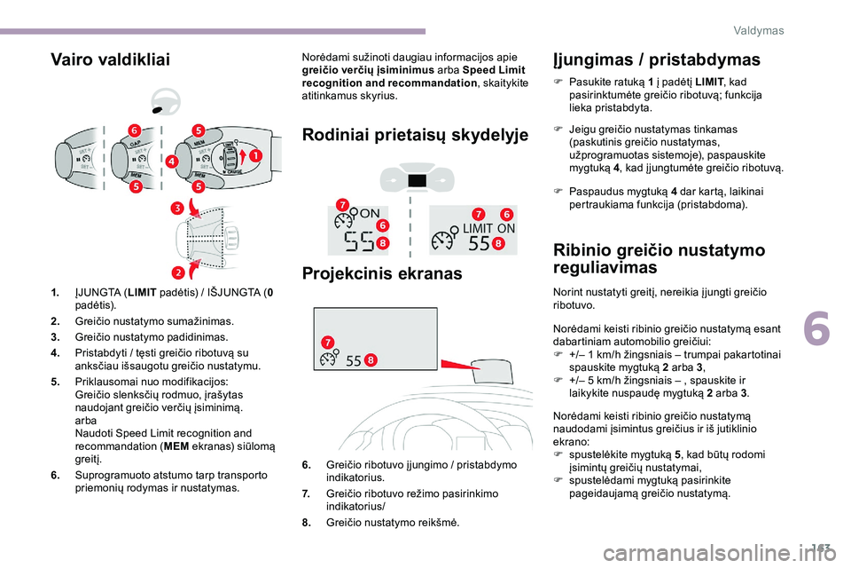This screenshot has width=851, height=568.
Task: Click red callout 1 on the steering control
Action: [255, 155]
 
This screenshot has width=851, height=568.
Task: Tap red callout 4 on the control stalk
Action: [171, 161]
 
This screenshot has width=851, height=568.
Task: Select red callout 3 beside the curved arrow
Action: [176, 209]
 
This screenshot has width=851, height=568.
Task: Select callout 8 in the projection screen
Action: [370, 359]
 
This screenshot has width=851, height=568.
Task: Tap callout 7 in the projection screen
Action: [327, 342]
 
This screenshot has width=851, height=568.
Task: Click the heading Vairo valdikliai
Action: [110, 59]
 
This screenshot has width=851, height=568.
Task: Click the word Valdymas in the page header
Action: [759, 30]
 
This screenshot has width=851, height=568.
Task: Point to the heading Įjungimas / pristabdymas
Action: [655, 59]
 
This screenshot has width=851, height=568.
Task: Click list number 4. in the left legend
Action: [56, 353]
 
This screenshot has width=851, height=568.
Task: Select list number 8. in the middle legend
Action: [306, 524]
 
